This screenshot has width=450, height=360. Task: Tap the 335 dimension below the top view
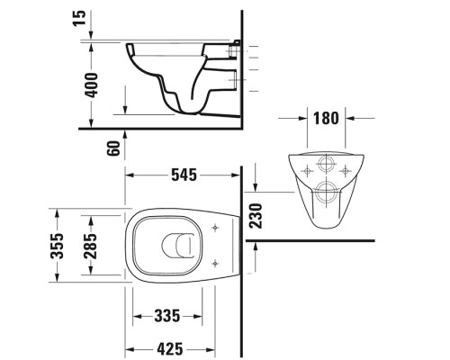coord(167,315)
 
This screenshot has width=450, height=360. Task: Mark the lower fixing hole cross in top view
coord(213,265)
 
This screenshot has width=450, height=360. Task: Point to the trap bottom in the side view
coord(187,112)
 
